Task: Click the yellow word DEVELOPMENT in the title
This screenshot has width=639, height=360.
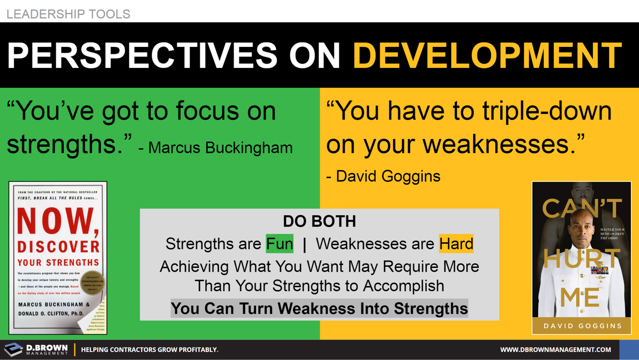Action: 487,55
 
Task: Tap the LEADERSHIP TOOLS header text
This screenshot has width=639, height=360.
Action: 68,14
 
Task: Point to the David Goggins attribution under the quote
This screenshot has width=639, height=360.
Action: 383,176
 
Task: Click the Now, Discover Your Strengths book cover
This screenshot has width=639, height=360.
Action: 58,258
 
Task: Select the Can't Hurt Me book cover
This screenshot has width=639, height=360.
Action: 582,258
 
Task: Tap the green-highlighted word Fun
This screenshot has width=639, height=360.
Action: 279,244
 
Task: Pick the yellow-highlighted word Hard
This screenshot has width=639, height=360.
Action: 456,244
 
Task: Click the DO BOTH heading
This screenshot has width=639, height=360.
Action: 319,221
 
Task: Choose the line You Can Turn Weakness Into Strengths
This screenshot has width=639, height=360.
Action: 319,308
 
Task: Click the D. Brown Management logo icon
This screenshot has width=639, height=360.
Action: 13,350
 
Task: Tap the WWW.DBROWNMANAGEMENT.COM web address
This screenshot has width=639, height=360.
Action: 555,350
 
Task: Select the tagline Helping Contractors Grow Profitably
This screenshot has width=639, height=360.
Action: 149,350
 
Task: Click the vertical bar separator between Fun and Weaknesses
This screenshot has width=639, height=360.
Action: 305,244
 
